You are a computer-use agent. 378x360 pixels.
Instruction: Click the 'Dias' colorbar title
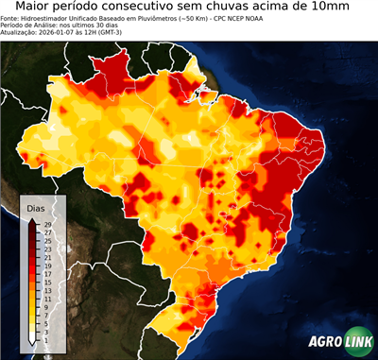pos(36,207)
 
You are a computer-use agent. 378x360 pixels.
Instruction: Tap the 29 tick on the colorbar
pos(46,224)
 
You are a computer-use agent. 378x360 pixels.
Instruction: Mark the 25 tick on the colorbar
pos(46,240)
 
